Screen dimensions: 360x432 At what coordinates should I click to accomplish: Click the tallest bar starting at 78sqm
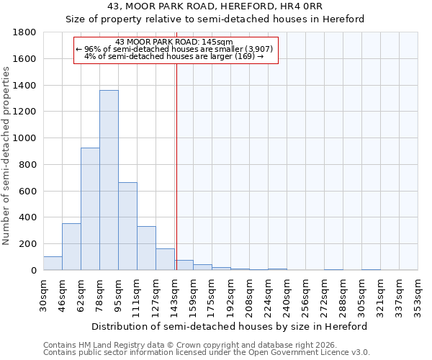pyautogui.click(x=109, y=180)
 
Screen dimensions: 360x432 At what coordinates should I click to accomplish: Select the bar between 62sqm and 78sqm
pyautogui.click(x=90, y=209)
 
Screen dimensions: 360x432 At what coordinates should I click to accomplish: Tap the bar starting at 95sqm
pyautogui.click(x=127, y=226)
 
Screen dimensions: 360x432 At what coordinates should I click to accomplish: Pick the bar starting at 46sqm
pyautogui.click(x=71, y=247)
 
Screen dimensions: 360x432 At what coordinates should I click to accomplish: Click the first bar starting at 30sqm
pyautogui.click(x=53, y=264)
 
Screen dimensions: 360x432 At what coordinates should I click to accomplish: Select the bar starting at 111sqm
pyautogui.click(x=146, y=248)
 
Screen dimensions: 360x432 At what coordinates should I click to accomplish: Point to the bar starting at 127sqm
pyautogui.click(x=165, y=259)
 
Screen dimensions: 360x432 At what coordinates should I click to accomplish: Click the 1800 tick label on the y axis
pyautogui.click(x=25, y=32)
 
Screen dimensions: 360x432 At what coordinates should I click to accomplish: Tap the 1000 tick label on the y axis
pyautogui.click(x=25, y=138)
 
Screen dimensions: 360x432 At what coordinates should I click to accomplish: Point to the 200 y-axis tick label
pyautogui.click(x=28, y=244)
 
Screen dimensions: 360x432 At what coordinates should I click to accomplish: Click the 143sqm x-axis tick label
pyautogui.click(x=175, y=294)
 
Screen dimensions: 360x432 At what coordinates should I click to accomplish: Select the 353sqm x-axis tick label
pyautogui.click(x=418, y=294)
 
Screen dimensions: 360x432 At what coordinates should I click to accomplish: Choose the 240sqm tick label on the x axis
pyautogui.click(x=287, y=294)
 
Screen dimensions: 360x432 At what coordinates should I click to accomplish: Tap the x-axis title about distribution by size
pyautogui.click(x=230, y=326)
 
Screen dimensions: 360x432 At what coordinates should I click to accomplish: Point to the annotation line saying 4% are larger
pyautogui.click(x=174, y=56)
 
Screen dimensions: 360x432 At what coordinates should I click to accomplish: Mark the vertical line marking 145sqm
pyautogui.click(x=176, y=166)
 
